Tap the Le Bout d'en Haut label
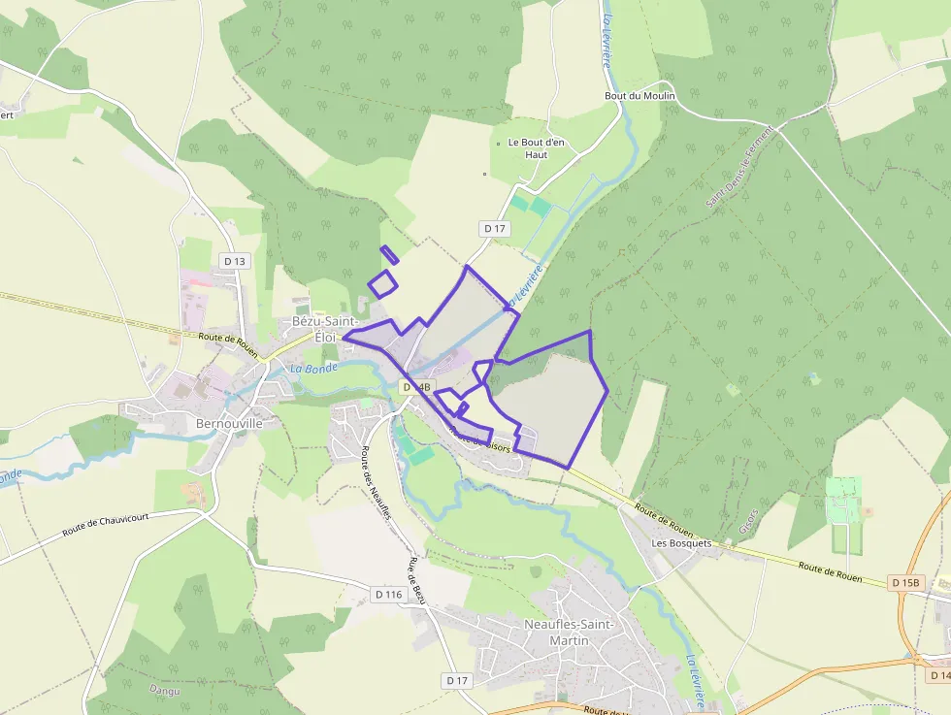click(x=536, y=148)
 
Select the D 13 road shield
click(x=235, y=261)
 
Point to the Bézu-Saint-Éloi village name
click(x=325, y=329)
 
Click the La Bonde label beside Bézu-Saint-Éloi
click(x=313, y=369)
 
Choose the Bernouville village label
click(x=230, y=424)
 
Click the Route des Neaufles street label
click(x=377, y=482)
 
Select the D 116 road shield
click(x=387, y=594)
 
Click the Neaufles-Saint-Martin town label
click(x=569, y=633)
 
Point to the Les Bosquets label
click(x=681, y=543)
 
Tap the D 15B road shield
click(x=904, y=582)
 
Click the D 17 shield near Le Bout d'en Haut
click(x=495, y=229)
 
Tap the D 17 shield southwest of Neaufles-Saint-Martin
click(x=458, y=681)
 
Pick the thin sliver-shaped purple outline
click(x=389, y=255)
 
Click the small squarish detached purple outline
click(x=382, y=284)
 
